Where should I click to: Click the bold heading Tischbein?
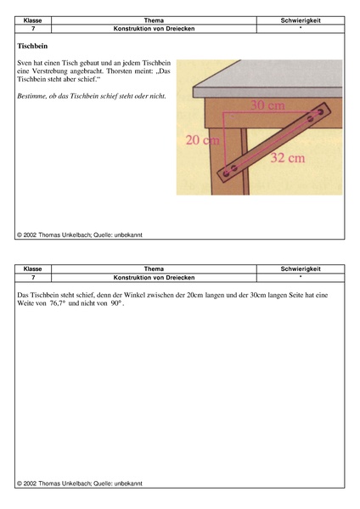(32, 46)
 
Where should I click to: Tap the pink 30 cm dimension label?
(268, 105)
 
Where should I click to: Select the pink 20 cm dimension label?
(202, 140)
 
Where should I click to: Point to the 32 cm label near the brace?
(288, 158)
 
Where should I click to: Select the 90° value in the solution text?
(115, 303)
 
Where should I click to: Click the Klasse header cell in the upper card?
(33, 20)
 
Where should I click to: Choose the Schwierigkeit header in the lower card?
(301, 269)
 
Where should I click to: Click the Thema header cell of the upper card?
(154, 20)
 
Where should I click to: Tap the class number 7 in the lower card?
(33, 278)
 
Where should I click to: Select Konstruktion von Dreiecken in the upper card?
(154, 29)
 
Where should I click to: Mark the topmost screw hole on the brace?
(320, 112)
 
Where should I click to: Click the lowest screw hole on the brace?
(226, 173)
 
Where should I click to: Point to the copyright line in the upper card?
(80, 235)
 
